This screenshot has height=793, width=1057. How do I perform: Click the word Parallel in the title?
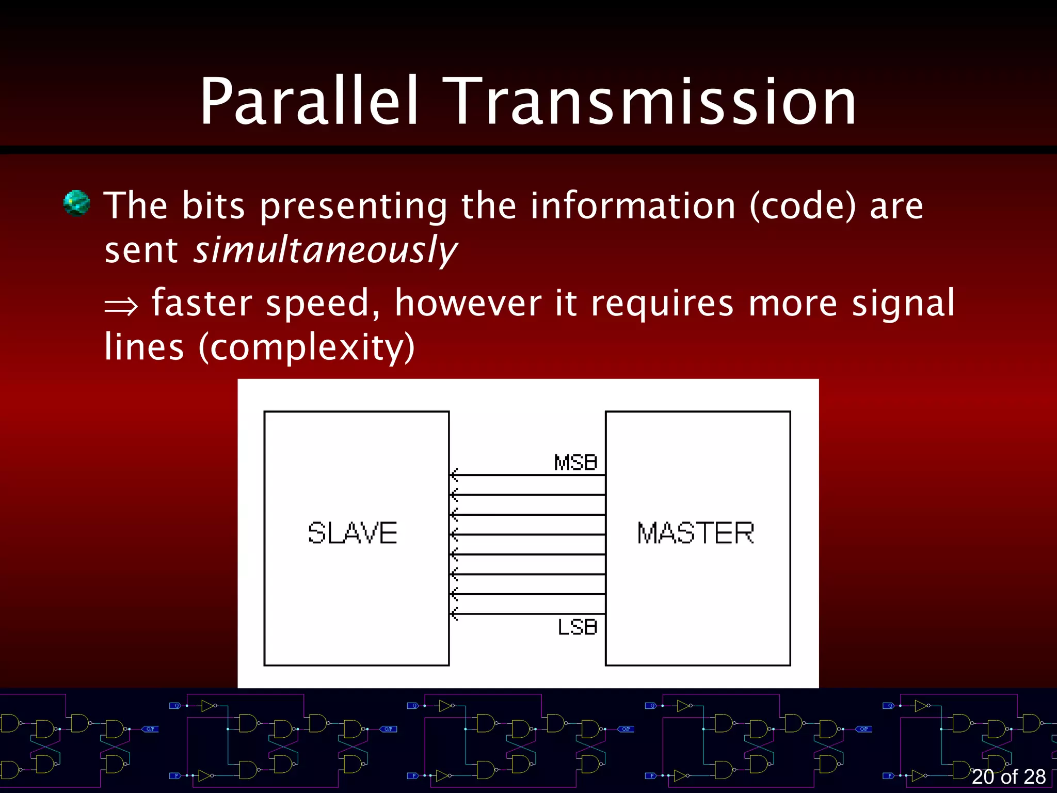coord(309,102)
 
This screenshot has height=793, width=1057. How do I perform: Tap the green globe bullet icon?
coord(76,203)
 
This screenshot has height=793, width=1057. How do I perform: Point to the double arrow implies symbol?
coord(121,306)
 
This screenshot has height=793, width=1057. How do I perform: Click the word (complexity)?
coord(307,347)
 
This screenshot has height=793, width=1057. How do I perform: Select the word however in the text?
coord(468,303)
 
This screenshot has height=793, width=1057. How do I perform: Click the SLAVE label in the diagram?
coord(353,533)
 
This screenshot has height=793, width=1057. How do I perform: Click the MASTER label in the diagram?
coord(696,533)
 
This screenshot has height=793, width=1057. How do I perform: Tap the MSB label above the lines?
coord(575,463)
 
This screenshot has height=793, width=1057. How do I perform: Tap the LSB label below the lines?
coord(578,627)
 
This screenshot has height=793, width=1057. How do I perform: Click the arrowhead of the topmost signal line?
coord(454,474)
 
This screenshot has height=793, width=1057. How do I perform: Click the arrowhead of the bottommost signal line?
coord(454,614)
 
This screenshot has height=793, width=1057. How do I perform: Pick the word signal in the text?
coord(903,304)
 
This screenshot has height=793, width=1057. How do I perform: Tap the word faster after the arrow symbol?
coord(202,303)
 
